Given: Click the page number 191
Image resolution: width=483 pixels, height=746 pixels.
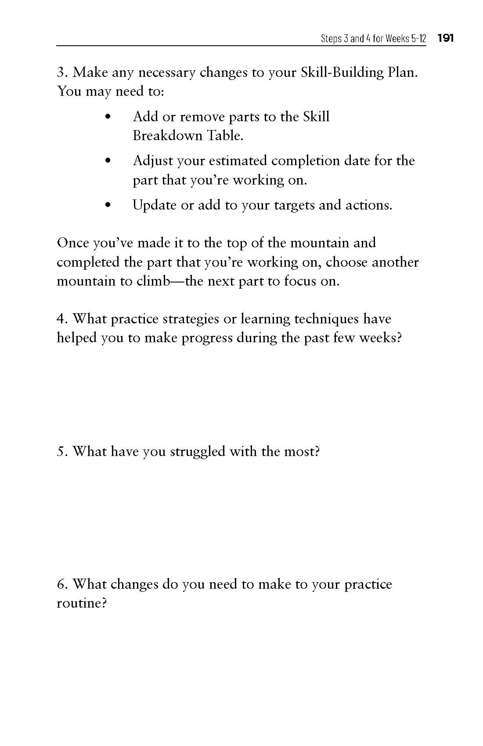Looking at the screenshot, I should (445, 39).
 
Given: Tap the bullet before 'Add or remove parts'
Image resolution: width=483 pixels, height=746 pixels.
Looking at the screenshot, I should (108, 117).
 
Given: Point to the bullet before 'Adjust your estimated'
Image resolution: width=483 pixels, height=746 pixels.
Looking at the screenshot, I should (108, 161).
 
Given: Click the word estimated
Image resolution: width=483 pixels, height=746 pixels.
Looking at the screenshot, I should (237, 161).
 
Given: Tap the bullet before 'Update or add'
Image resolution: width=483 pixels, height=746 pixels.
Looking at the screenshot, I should (108, 205).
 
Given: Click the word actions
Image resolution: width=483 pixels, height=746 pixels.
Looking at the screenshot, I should (368, 205).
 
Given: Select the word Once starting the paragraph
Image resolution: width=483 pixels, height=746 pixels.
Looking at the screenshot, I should (73, 243).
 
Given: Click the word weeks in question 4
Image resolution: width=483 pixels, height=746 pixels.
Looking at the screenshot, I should (380, 338).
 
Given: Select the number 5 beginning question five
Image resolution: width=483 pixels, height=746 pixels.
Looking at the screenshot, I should (61, 452).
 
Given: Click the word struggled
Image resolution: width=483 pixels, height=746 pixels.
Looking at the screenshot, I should (198, 452).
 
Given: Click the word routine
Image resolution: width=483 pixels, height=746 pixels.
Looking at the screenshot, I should (81, 603).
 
